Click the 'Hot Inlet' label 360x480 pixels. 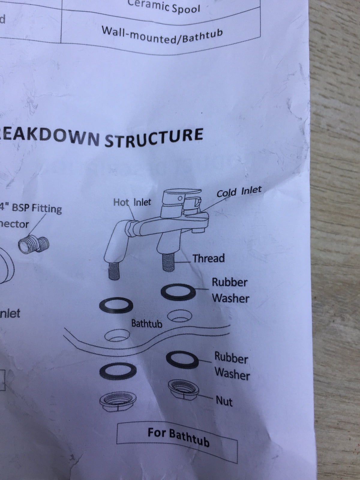[x=132, y=202]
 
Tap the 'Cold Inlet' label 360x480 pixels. [x=239, y=191]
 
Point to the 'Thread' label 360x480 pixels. [x=208, y=258]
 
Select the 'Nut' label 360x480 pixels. [x=224, y=401]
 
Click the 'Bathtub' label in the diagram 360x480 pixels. [x=147, y=324]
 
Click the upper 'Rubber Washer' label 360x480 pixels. [x=230, y=290]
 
